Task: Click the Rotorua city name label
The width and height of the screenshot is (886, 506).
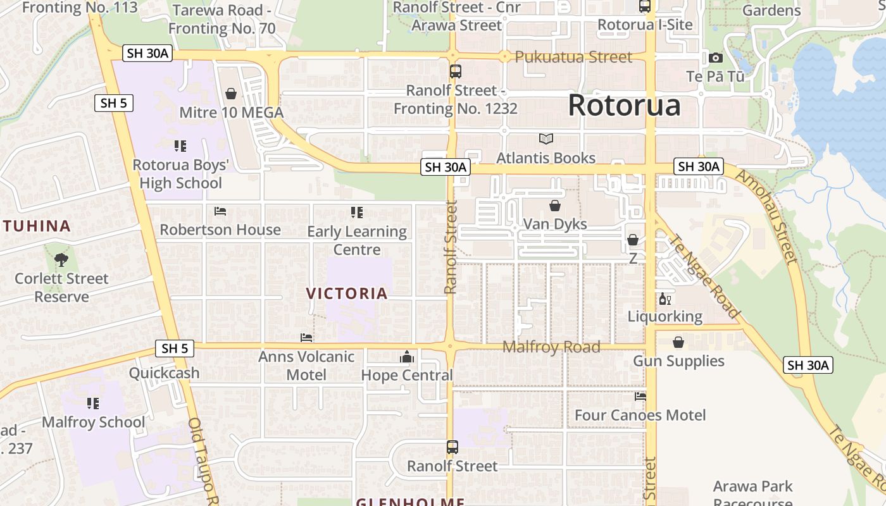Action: [624, 105]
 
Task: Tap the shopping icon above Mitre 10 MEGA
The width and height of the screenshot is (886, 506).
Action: [231, 94]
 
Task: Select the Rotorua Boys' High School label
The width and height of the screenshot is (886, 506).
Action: [180, 174]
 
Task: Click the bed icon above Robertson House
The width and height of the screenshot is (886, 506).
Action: [220, 211]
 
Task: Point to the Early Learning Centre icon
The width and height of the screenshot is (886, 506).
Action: [357, 213]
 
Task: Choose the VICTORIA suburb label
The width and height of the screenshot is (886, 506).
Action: [347, 293]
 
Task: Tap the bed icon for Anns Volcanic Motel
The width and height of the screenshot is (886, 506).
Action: [306, 338]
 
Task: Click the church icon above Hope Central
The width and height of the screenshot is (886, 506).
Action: [407, 357]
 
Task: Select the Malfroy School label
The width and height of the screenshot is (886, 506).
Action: [94, 422]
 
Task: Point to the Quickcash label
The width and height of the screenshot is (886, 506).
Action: [165, 373]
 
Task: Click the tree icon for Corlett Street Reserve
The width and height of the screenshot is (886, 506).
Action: [61, 259]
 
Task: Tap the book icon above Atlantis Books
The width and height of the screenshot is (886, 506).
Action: [546, 139]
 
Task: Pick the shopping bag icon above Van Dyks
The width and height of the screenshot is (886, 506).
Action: [555, 206]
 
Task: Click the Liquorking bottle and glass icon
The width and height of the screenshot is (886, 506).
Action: [664, 299]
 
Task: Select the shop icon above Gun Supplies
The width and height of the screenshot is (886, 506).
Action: [678, 342]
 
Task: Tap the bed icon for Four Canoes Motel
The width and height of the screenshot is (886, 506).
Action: [640, 397]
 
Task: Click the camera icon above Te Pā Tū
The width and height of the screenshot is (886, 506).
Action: [716, 58]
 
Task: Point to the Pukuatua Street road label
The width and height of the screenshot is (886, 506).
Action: [573, 57]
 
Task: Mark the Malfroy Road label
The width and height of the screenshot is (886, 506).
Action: [551, 347]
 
